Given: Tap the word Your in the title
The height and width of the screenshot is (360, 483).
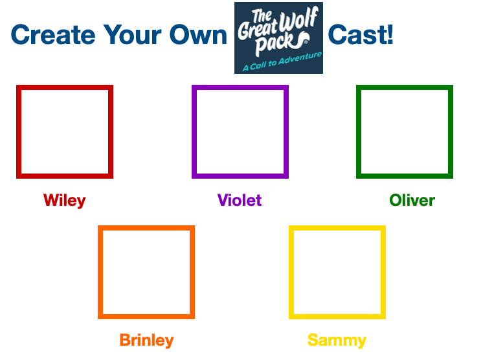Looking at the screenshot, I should pyautogui.click(x=133, y=34).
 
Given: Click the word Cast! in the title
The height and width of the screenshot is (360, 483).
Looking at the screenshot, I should pyautogui.click(x=361, y=34).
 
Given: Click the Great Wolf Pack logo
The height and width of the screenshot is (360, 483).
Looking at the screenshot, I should pyautogui.click(x=278, y=38).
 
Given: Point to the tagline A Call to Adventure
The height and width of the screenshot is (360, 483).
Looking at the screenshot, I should pyautogui.click(x=282, y=63).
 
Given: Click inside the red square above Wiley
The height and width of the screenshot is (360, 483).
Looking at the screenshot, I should pyautogui.click(x=65, y=131).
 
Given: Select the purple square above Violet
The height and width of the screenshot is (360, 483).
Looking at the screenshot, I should pyautogui.click(x=240, y=131).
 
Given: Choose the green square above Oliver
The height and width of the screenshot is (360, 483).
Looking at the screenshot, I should pyautogui.click(x=405, y=131).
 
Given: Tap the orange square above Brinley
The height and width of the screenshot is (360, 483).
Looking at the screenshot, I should pyautogui.click(x=146, y=272).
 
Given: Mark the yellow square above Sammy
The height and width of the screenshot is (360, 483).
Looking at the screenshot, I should pyautogui.click(x=337, y=272).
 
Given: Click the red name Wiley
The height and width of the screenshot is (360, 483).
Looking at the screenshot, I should pyautogui.click(x=65, y=200).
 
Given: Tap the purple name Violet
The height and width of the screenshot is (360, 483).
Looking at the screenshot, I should pyautogui.click(x=240, y=200).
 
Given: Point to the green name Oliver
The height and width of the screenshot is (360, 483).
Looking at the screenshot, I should pyautogui.click(x=412, y=200).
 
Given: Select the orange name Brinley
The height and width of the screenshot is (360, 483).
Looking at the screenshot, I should pyautogui.click(x=146, y=340).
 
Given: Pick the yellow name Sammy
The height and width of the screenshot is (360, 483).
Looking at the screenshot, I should pyautogui.click(x=337, y=340).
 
